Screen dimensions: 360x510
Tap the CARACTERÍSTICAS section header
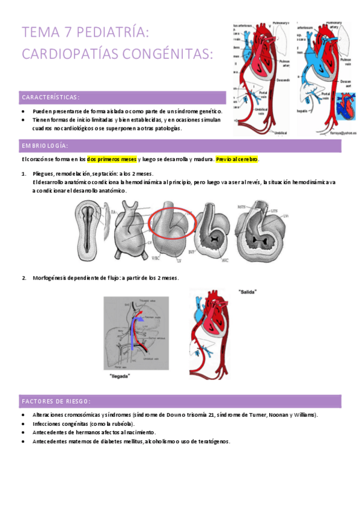[51, 97]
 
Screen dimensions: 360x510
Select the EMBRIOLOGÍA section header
[45, 146]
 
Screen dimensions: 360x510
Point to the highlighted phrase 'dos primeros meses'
[111, 159]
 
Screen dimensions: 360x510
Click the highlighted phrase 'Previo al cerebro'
[237, 159]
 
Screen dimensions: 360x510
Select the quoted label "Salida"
[247, 292]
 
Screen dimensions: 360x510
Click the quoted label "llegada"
[121, 376]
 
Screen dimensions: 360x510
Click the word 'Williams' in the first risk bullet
[305, 415]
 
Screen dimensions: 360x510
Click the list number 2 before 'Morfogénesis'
[23, 277]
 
